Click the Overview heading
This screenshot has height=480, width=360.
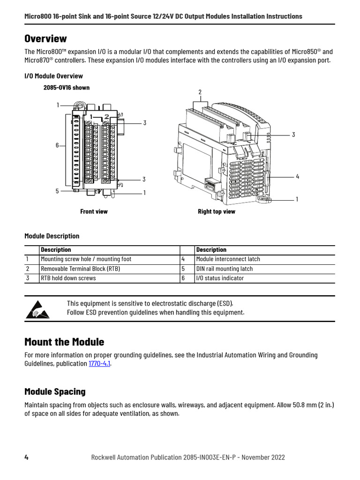[x=45, y=38]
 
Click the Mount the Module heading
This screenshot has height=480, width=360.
[x=64, y=342]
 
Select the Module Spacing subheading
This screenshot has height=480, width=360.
[x=55, y=391]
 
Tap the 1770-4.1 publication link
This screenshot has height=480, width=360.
[x=99, y=363]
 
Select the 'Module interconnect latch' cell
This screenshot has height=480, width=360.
[x=228, y=259]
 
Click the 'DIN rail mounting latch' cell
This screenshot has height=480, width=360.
[x=224, y=269]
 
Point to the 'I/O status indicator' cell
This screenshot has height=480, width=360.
[x=220, y=278]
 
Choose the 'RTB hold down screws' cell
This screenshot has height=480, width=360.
[x=68, y=278]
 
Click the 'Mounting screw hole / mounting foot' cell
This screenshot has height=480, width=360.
[x=86, y=259]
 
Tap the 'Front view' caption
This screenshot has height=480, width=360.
[x=94, y=211]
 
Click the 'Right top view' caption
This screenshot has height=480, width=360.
[x=217, y=211]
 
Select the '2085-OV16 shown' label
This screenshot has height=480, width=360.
[x=67, y=88]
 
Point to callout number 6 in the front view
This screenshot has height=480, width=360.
[x=58, y=145]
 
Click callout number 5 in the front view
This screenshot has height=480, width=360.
[x=57, y=191]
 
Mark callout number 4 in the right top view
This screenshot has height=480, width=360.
[x=297, y=176]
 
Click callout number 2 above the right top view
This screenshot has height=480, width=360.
[x=200, y=92]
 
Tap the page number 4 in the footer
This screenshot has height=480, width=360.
[x=26, y=457]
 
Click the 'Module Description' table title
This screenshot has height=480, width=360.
[x=52, y=236]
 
